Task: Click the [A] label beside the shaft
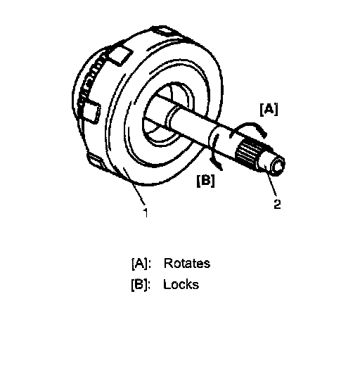point(269,110)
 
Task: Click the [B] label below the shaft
point(205,181)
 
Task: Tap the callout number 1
point(146,212)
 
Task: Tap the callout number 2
point(277,204)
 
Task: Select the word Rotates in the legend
point(187,264)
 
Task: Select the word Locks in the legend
point(181,285)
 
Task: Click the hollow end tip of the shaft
point(277,166)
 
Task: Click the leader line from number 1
point(135,186)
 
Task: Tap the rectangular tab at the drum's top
point(167,31)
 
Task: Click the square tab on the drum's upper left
point(121,56)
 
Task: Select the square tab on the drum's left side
point(91,112)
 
